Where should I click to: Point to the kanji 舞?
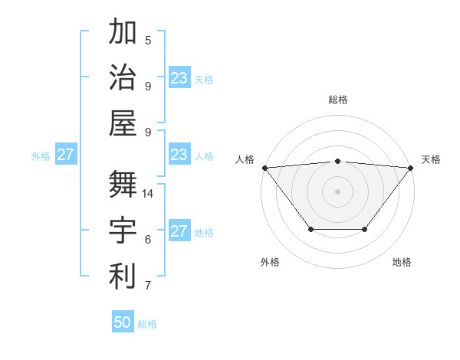[x=123, y=185]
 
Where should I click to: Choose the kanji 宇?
[x=123, y=230]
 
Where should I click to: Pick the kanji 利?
[x=123, y=276]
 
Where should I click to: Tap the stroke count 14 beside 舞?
[x=149, y=194]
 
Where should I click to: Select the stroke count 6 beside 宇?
[x=148, y=240]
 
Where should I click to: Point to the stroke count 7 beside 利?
[x=148, y=286]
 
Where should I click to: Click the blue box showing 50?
[x=123, y=322]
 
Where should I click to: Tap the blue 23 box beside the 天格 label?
[x=179, y=78]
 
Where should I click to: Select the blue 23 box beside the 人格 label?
[x=179, y=155]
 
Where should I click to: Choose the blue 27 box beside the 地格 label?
[x=179, y=231]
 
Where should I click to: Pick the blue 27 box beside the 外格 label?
[x=66, y=155]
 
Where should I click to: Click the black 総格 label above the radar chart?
[x=337, y=100]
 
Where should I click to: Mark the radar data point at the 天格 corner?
[x=410, y=167]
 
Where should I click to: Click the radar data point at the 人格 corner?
[x=264, y=167]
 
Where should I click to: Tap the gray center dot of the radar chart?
[x=337, y=191]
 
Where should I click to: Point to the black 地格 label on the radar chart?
[x=402, y=262]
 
